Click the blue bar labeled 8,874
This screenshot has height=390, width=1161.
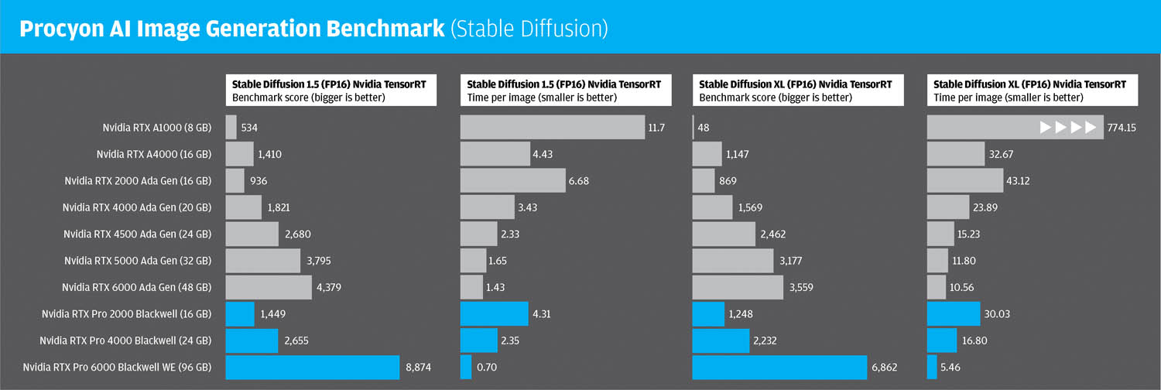pos(312,367)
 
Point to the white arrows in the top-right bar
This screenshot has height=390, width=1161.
pos(1068,128)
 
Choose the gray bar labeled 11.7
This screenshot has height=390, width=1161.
pos(552,128)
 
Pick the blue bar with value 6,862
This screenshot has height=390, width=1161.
pos(779,367)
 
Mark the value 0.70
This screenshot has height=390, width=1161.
pos(487,367)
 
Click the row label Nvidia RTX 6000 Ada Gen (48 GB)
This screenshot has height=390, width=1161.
pos(136,287)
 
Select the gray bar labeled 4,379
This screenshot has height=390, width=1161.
pos(268,287)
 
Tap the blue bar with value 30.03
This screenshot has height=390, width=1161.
pos(953,314)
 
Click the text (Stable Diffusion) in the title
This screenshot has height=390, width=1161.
pos(529,29)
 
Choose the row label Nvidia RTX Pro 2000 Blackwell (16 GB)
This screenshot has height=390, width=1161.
pos(126,314)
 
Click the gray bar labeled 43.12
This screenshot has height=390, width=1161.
pos(964,181)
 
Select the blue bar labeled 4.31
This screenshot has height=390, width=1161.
pos(494,314)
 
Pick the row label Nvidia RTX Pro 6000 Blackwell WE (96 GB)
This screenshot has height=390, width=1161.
pos(117,367)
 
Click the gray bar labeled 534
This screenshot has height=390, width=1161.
pos(231,128)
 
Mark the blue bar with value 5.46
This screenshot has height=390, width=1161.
pos(931,367)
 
